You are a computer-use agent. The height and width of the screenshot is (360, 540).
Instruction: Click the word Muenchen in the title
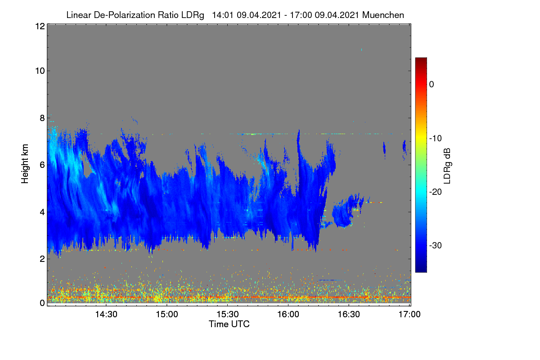point(383,15)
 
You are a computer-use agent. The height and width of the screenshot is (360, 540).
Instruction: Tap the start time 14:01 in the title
point(222,15)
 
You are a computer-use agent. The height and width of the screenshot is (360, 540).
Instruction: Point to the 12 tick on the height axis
point(40,26)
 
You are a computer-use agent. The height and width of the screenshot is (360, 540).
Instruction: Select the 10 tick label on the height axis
point(40,71)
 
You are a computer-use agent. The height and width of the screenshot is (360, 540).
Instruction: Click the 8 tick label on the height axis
point(43,118)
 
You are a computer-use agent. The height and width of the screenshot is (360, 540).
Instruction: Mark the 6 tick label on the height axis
point(43,165)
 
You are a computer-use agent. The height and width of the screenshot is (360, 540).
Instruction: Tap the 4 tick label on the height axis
point(43,212)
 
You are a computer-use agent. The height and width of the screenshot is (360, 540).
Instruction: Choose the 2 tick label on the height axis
point(43,259)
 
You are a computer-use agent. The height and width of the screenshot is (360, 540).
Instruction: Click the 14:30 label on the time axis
point(106,315)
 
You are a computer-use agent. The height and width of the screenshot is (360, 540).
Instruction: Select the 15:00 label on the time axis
point(167,315)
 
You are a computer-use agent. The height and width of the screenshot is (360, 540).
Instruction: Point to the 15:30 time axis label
point(228,315)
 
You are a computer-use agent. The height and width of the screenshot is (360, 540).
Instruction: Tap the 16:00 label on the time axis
point(288,315)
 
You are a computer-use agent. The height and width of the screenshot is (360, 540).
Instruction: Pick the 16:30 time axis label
point(349,315)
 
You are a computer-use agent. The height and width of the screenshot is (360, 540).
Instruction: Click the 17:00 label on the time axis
point(409,315)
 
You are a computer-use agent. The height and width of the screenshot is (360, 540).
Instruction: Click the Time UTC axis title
point(229,324)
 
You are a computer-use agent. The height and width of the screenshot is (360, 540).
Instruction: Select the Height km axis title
point(25,164)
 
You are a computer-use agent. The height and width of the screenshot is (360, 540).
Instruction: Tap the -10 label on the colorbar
point(436,139)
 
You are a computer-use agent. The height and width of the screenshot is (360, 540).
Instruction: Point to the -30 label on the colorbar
point(436,245)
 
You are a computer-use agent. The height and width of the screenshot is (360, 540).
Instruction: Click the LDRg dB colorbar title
point(447,166)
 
